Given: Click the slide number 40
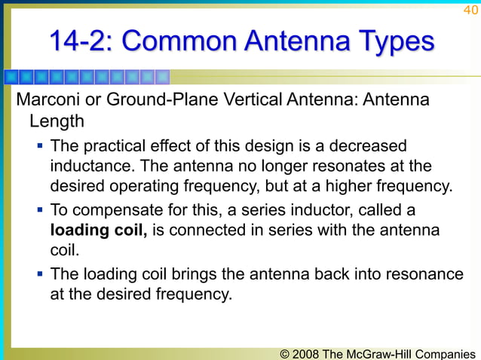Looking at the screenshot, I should pyautogui.click(x=470, y=10).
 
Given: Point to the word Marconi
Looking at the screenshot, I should pyautogui.click(x=47, y=101).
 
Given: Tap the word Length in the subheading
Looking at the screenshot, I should pyautogui.click(x=56, y=121).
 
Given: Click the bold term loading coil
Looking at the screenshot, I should pyautogui.click(x=98, y=230).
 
